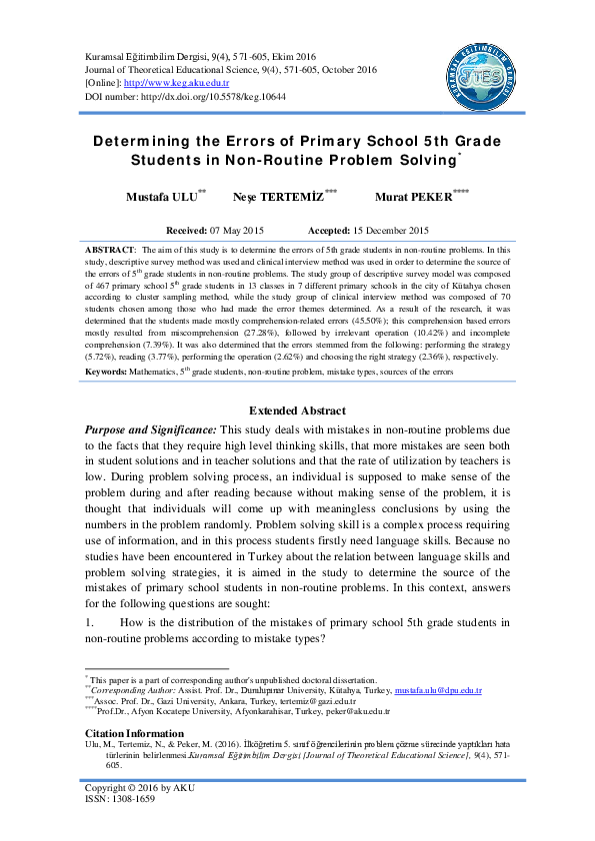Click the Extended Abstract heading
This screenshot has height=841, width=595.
pyautogui.click(x=297, y=411)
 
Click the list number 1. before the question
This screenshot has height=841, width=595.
pyautogui.click(x=90, y=623)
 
